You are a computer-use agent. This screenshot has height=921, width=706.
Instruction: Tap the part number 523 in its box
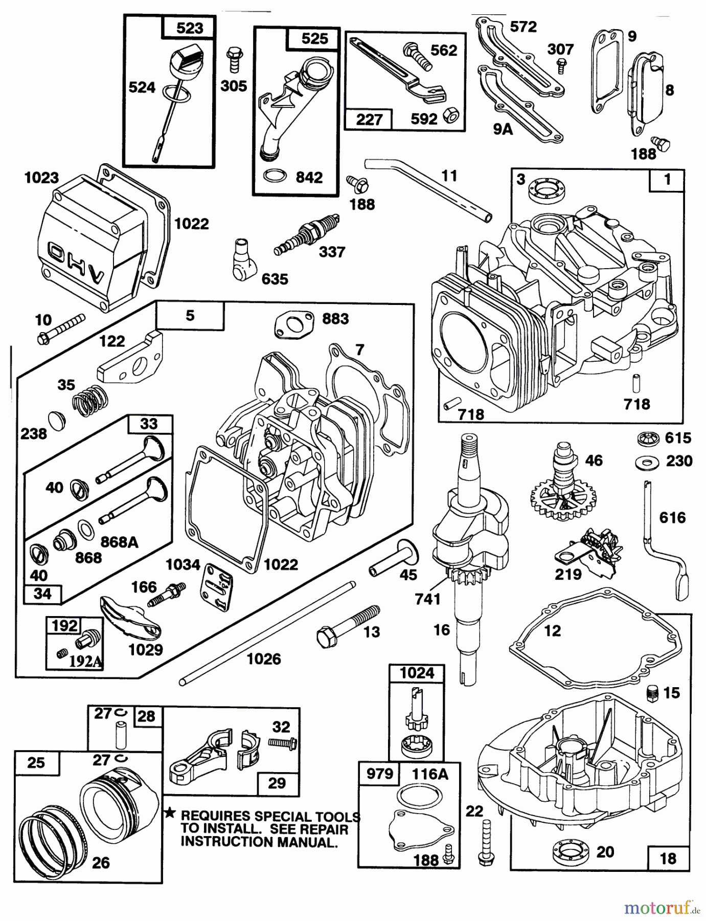click(x=189, y=28)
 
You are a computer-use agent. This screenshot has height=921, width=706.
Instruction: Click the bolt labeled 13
click(x=348, y=624)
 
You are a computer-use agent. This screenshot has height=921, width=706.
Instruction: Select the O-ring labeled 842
click(x=275, y=177)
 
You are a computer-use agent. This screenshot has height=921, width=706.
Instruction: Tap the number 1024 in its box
click(x=417, y=673)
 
